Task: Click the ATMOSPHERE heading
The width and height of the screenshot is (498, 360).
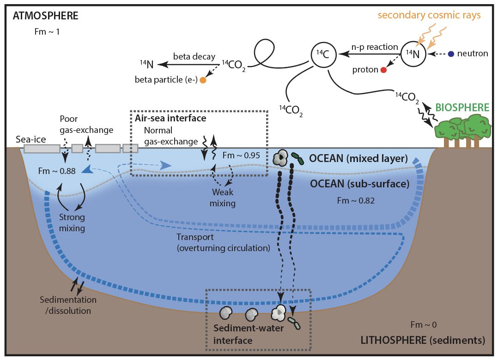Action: coord(46,16)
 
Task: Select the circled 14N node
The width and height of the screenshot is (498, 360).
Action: coord(412,54)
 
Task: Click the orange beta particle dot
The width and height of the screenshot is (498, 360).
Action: coord(202,80)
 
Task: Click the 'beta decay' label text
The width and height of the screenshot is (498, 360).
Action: coord(194,56)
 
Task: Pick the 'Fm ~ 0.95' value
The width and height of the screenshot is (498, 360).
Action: coord(241,155)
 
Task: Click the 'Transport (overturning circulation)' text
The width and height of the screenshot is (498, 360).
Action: coord(223,242)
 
